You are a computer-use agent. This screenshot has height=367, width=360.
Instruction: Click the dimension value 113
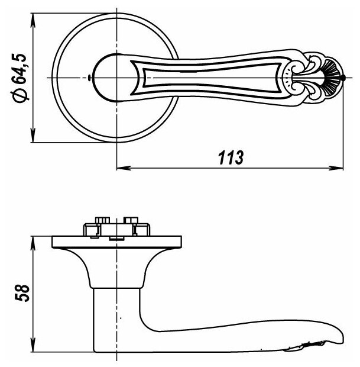[230, 158]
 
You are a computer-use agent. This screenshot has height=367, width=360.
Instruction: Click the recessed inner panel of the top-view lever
[207, 77]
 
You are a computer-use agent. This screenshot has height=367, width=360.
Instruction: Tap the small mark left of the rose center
[88, 78]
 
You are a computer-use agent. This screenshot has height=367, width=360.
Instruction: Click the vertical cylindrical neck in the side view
[116, 314]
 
